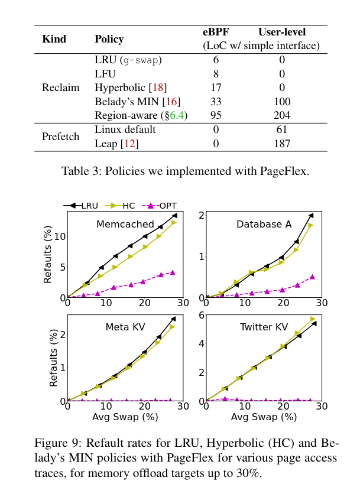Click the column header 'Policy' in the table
[109, 40]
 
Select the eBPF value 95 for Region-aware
[216, 115]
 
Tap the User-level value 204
[281, 115]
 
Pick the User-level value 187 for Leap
[281, 144]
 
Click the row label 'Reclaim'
[60, 87]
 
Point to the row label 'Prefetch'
[60, 137]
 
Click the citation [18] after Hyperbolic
[158, 87]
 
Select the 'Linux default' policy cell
[125, 129]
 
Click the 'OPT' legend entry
[168, 206]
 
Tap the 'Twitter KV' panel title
[264, 327]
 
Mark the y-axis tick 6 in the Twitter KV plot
[201, 315]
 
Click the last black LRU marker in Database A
[311, 216]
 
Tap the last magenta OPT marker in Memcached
[173, 272]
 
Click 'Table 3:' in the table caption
[80, 172]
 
